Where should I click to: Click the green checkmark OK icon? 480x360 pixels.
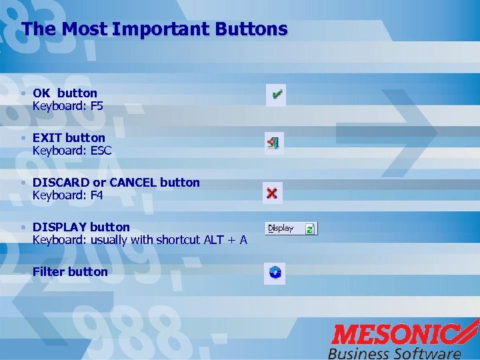[x=275, y=95]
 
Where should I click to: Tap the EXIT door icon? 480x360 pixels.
[x=273, y=142]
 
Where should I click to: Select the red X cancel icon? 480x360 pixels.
[x=272, y=193]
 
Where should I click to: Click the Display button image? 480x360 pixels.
[x=291, y=229]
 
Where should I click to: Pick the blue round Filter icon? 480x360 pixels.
[x=275, y=272]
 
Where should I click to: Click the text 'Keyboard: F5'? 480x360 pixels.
[x=68, y=106]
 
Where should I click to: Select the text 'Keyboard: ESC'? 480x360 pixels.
[x=72, y=151]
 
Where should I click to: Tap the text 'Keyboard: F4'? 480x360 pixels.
[x=68, y=195]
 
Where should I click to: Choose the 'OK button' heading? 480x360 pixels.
[x=65, y=93]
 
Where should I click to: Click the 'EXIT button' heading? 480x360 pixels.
[x=69, y=138]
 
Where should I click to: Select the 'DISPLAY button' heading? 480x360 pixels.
[x=81, y=227]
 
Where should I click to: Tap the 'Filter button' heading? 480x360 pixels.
[x=70, y=272]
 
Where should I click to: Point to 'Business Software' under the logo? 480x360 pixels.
[x=394, y=353]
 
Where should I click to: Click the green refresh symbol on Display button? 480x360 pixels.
[x=309, y=229]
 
